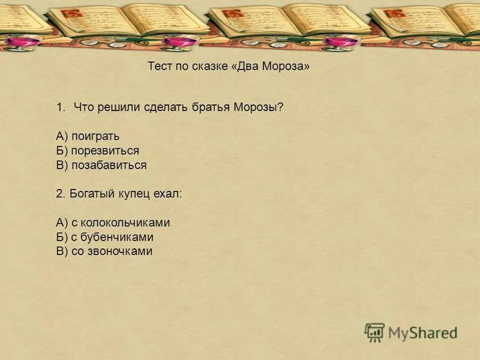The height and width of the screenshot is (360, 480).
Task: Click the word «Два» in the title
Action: click(x=247, y=67)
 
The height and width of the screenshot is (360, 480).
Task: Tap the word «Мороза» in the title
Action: click(x=286, y=67)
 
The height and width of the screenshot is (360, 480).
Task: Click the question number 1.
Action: click(x=60, y=107)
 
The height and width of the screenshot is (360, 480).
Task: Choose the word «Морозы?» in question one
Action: click(x=260, y=107)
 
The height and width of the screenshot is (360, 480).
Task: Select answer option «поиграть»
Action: click(x=95, y=136)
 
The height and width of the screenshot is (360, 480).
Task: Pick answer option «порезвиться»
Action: click(x=105, y=151)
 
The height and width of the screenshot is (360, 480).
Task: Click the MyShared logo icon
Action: click(x=374, y=332)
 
